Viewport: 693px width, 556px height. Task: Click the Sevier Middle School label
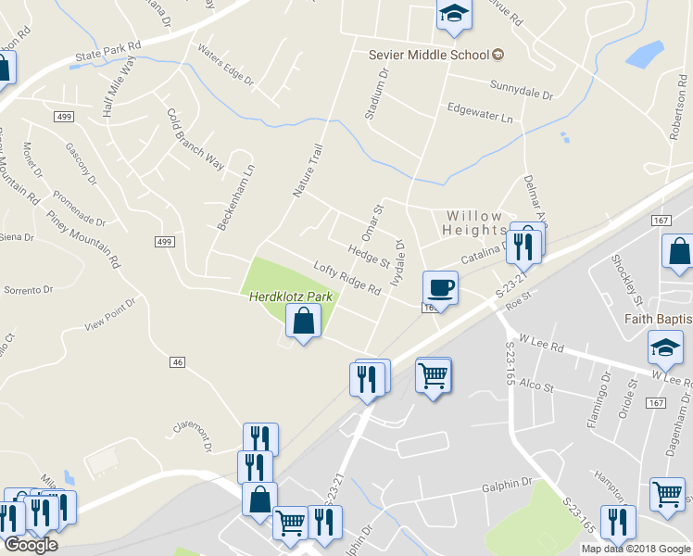tap(428, 55)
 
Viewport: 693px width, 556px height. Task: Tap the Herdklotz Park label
tap(290, 297)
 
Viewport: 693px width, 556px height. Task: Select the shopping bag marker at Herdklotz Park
tap(303, 322)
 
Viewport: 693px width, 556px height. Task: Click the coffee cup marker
tap(440, 288)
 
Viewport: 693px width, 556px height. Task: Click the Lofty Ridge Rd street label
tap(347, 278)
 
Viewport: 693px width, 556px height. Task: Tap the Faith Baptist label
tap(658, 319)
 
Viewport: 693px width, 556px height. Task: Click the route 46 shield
tap(178, 361)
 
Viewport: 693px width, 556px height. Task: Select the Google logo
tap(31, 545)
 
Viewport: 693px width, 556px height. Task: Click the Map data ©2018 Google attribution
tap(636, 549)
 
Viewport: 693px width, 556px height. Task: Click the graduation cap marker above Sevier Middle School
tap(453, 14)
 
